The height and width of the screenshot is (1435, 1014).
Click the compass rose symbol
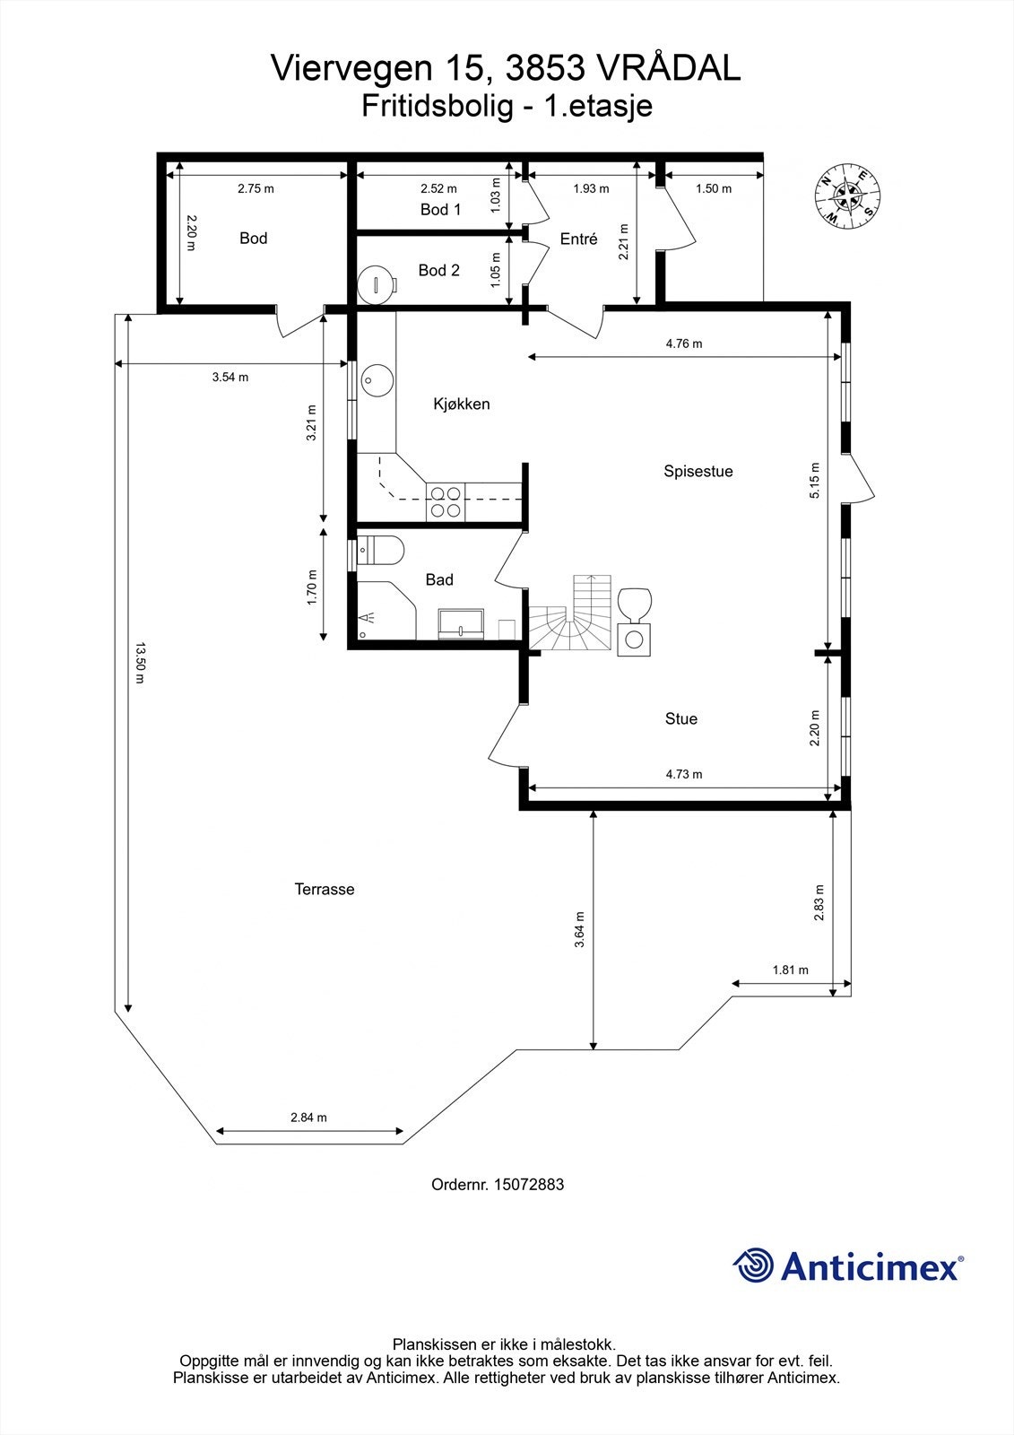846,194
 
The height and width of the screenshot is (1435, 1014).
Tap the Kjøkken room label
461,404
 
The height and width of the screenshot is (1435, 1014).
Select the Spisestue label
698,472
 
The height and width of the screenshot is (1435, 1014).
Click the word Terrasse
325,890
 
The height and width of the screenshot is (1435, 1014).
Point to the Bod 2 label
438,271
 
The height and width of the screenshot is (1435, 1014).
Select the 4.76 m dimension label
683,344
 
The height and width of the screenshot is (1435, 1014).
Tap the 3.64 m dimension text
580,929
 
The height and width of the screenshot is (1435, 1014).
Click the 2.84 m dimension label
308,1118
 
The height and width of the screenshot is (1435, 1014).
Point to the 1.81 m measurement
790,970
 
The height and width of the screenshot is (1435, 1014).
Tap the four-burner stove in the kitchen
446,501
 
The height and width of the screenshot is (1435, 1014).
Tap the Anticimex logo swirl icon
752,1265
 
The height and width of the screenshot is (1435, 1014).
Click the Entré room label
578,239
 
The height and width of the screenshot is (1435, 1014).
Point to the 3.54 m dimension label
230,378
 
